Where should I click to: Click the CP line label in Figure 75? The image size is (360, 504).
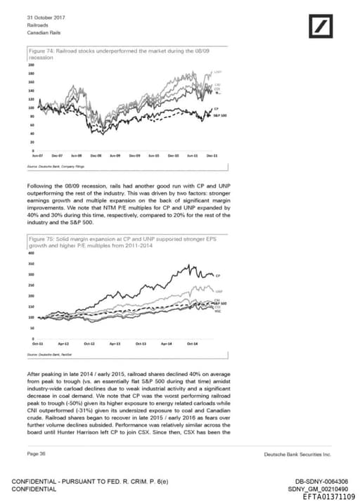[x=218, y=275]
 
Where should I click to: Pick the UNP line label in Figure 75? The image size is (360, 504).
[x=219, y=290]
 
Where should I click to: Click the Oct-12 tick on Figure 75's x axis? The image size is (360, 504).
[x=89, y=343]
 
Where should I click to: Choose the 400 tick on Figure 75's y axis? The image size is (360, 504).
[x=31, y=253]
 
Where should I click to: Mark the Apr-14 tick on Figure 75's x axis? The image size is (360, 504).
[x=166, y=343]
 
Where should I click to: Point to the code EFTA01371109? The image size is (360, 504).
[x=326, y=497]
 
